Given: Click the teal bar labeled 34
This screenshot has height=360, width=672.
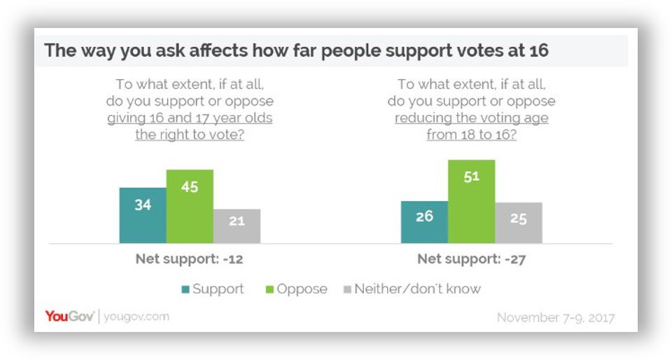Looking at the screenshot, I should [143, 215].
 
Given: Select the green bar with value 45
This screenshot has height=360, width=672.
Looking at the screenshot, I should [190, 206].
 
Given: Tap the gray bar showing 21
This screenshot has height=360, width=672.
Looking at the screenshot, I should [237, 226].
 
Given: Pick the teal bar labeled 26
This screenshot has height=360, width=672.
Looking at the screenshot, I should [424, 221].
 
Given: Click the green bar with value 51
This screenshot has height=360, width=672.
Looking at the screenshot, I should [471, 201].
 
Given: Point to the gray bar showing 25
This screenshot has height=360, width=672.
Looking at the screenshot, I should [518, 223].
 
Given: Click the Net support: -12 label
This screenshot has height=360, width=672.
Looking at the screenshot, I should [189, 259].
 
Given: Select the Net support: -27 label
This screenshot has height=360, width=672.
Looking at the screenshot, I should [471, 259].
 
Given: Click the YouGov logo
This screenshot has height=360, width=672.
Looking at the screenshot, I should [69, 317].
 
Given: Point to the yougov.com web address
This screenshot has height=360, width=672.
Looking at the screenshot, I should [136, 317].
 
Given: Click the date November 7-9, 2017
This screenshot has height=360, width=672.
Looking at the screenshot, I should [556, 317].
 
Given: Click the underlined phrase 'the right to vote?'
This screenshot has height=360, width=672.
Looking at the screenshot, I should [190, 134].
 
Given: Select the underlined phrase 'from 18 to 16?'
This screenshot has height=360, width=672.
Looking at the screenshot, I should [471, 134].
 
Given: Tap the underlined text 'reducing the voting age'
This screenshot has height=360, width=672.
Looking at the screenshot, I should [471, 118].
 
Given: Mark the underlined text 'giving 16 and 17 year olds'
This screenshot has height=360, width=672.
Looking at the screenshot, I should [190, 118].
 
